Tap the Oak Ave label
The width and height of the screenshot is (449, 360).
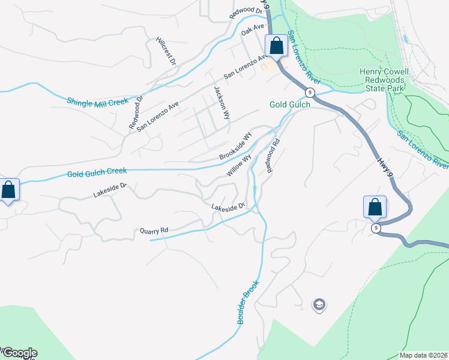click(x=253, y=29)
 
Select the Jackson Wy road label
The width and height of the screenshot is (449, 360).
click(x=221, y=101)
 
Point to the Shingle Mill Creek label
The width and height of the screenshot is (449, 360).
click(x=98, y=102)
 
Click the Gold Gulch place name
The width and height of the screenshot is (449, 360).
click(x=290, y=104)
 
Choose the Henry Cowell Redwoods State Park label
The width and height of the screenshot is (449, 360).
click(x=384, y=80)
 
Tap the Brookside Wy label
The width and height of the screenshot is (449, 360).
click(x=234, y=146)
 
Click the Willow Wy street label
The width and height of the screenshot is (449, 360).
click(x=239, y=164)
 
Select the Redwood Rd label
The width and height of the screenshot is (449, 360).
click(x=274, y=156)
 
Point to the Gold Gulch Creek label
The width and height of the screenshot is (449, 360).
click(x=97, y=172)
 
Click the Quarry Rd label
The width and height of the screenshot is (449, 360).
click(x=154, y=230)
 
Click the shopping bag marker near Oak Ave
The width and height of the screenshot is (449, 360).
click(x=276, y=45)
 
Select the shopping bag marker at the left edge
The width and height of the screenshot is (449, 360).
click(x=9, y=190)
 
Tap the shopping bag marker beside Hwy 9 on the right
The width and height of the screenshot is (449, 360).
click(x=375, y=206)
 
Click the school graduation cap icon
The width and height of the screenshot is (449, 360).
click(x=319, y=305)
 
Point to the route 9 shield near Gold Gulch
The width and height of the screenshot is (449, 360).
click(x=309, y=92)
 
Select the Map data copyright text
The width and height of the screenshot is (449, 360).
click(x=424, y=355)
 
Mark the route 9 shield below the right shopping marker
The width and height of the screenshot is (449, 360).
click(x=376, y=228)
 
